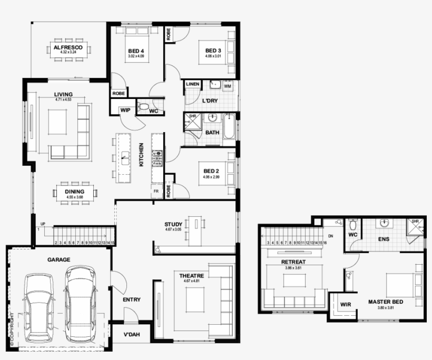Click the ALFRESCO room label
pyautogui.click(x=68, y=47)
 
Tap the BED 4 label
pyautogui.click(x=136, y=51)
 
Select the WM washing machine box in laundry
pyautogui.click(x=228, y=85)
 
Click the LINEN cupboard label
pyautogui.click(x=192, y=84)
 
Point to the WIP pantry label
pyautogui.click(x=125, y=111)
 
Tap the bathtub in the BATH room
pyautogui.click(x=229, y=126)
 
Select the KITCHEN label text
pyautogui.click(x=141, y=155)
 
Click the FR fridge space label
pyautogui.click(x=156, y=191)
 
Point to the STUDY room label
pyautogui.click(x=173, y=225)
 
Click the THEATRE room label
pyautogui.click(x=188, y=276)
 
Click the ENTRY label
pyautogui.click(x=131, y=299)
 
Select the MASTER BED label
pyautogui.click(x=386, y=302)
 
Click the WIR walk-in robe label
pyautogui.click(x=346, y=304)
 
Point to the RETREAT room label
pyautogui.click(x=293, y=262)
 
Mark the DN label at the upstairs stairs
pyautogui.click(x=331, y=236)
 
